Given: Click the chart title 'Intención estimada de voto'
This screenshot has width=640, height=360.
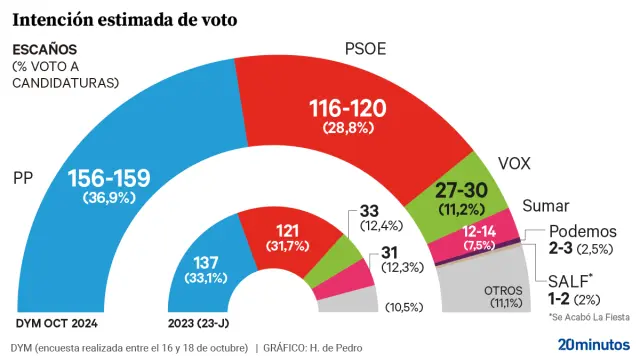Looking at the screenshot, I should tap(124, 19).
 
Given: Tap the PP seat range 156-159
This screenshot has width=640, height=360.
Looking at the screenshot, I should tap(108, 178).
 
